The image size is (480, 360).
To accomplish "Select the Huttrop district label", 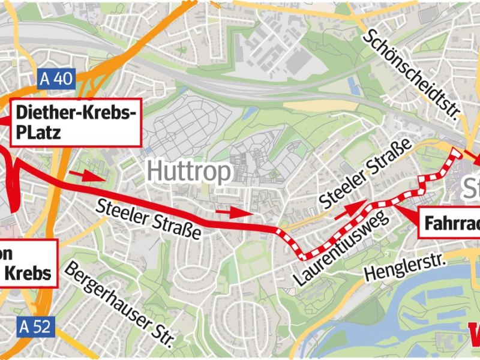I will coord(189,173).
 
